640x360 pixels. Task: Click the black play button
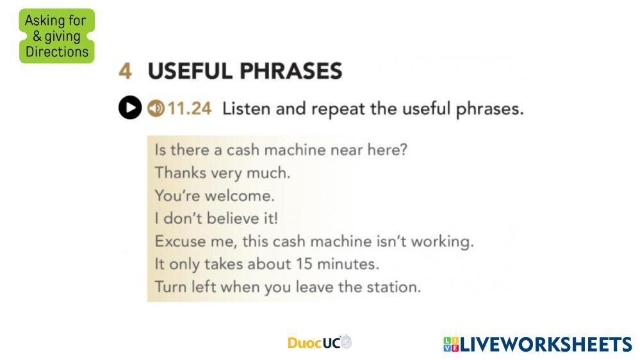[x=130, y=108]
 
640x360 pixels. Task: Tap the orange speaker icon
[x=156, y=108]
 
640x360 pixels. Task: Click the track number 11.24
[x=190, y=108]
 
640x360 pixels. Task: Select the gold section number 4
[x=126, y=71]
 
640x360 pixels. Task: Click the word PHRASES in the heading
[x=291, y=71]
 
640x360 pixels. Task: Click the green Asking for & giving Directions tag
[x=57, y=36]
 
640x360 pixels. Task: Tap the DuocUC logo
[x=320, y=342]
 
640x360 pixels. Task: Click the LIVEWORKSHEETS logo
[x=537, y=344]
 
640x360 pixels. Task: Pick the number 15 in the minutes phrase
[x=304, y=264]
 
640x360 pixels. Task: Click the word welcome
[x=240, y=195]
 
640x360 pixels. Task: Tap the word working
[x=443, y=241]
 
